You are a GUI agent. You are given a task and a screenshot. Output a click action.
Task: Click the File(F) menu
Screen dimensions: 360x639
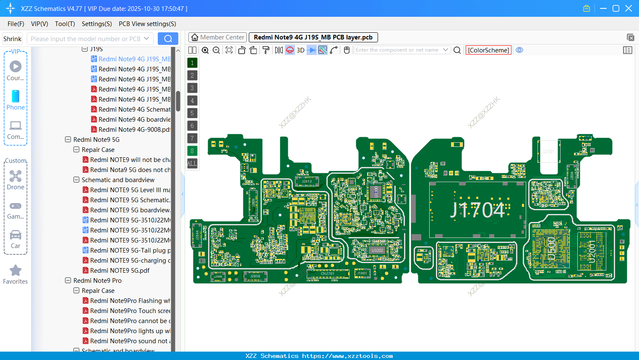click(x=16, y=24)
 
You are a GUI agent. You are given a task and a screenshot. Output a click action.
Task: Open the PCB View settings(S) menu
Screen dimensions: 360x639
click(x=147, y=24)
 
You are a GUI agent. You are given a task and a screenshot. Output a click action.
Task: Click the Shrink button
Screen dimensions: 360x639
click(x=13, y=39)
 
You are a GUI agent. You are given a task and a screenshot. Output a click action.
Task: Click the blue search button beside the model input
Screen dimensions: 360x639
click(x=168, y=39)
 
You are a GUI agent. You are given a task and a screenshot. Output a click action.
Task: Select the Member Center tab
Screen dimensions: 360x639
click(x=217, y=37)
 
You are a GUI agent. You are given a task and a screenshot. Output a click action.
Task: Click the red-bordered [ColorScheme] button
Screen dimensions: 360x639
click(x=488, y=50)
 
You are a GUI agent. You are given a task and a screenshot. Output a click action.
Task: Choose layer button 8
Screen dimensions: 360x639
click(x=192, y=151)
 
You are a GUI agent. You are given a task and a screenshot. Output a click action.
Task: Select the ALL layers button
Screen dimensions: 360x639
click(x=192, y=164)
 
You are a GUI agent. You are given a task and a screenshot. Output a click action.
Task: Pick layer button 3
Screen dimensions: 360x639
click(x=192, y=88)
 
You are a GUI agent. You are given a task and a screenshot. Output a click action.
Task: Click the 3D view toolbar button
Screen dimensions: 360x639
click(x=300, y=50)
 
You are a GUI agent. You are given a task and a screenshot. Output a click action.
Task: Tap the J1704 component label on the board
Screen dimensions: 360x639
click(x=477, y=210)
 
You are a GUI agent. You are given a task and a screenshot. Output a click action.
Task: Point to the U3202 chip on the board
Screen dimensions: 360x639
click(x=377, y=250)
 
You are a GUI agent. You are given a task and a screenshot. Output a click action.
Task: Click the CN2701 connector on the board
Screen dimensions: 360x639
click(x=328, y=274)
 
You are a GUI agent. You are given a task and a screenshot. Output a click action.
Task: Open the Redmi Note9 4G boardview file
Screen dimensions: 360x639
click(x=134, y=120)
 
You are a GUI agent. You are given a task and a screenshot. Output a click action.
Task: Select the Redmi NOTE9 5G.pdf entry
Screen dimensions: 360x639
click(x=120, y=271)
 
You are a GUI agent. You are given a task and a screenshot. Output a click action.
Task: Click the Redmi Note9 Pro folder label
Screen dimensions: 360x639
click(x=97, y=281)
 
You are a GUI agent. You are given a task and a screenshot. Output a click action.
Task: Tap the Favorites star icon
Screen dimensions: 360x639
click(x=16, y=271)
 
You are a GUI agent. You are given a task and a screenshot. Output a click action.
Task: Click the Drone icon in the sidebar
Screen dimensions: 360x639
click(x=16, y=177)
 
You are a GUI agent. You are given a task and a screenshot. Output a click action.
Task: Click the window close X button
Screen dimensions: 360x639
click(x=629, y=8)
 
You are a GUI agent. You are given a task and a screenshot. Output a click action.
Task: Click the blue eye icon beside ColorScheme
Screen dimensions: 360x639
click(x=519, y=50)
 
